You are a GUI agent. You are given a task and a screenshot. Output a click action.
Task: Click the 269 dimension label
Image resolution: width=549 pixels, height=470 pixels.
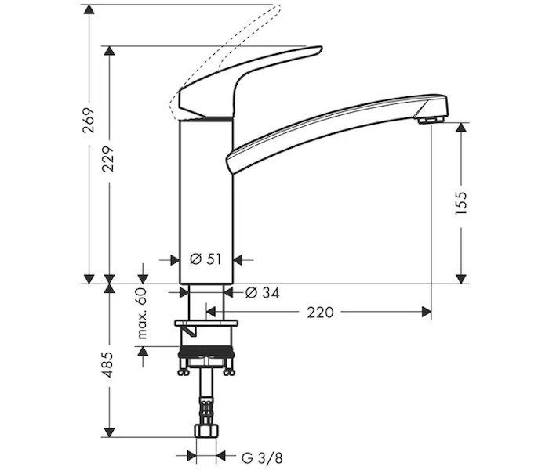pos(89,121)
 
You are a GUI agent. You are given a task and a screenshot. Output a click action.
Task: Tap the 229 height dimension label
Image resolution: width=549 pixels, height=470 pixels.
pos(108,159)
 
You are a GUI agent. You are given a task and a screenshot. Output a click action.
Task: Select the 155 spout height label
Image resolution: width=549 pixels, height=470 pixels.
pos(461,203)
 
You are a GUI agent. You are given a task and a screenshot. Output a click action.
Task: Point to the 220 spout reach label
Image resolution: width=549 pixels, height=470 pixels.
pos(320,313)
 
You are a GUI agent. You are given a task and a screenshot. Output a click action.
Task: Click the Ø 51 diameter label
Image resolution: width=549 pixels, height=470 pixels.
pos(205,259)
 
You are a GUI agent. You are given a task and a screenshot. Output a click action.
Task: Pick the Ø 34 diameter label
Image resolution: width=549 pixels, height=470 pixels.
pos(263,293)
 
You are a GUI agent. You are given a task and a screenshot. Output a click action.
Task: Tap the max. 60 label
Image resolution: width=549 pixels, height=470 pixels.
pos(142,313)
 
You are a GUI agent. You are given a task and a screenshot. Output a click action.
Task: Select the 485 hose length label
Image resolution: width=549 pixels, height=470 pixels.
pos(108,365)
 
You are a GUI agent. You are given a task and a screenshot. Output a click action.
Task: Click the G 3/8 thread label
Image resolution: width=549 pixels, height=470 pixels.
pos(262,457)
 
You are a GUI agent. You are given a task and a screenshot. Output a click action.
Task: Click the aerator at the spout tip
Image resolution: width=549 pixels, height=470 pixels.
pos(431,120)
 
